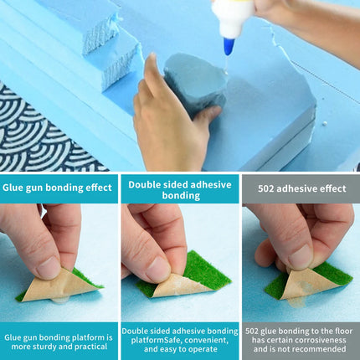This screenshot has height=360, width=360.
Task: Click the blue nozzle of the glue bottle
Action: coord(229,46)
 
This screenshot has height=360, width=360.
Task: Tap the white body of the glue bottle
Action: coord(233,18)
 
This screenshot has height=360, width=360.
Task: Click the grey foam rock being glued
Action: coord(195,84)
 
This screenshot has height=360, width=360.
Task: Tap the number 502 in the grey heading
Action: coord(266,188)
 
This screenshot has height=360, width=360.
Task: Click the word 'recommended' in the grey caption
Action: coord(320,349)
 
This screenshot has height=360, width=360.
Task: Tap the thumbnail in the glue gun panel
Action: coord(59,263)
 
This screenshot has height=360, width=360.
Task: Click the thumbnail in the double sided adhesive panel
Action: coord(180,263)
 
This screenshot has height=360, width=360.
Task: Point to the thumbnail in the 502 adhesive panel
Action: coord(301,263)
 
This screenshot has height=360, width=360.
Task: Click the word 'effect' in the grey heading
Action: coord(333,188)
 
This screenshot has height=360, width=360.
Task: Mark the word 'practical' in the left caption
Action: coord(91,347)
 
